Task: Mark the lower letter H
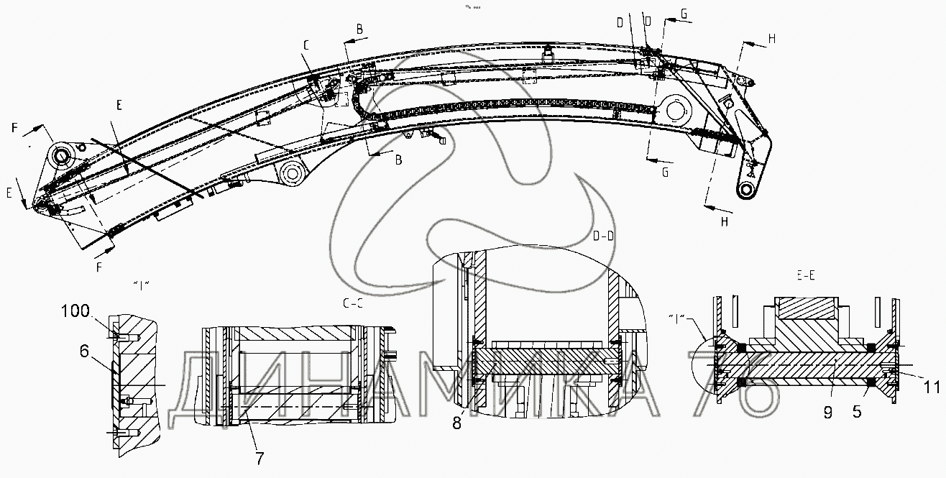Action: [x=724, y=222]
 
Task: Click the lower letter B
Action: [x=397, y=160]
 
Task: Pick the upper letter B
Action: [x=359, y=29]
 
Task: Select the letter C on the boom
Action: [x=306, y=45]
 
